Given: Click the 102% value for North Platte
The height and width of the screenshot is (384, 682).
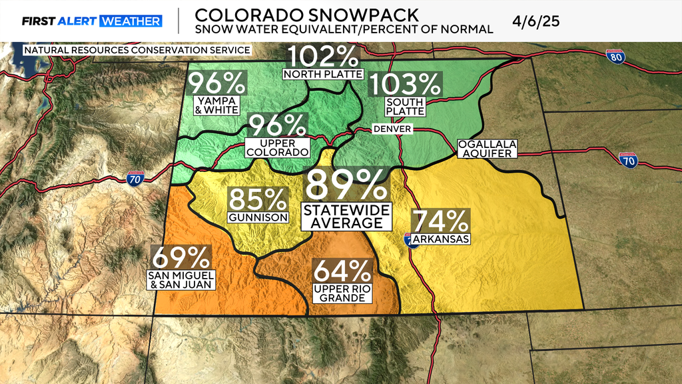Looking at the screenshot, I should pos(323,57).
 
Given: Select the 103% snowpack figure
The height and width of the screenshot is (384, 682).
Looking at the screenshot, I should pos(406,85).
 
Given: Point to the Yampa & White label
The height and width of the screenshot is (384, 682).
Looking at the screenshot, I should pos(215,105).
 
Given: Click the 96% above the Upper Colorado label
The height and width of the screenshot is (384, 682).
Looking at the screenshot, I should pos(278,126).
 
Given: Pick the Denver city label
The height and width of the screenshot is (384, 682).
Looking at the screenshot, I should pos(392,128).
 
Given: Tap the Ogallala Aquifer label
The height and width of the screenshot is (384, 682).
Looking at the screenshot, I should pos(487,149).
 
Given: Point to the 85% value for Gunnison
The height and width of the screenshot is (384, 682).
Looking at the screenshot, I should pos(258,200).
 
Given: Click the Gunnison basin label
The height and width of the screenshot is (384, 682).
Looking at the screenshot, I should pos(258,218).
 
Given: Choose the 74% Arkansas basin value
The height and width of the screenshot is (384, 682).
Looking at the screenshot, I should pos(441,221).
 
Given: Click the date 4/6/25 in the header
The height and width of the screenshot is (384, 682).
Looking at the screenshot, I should pos(536,20).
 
